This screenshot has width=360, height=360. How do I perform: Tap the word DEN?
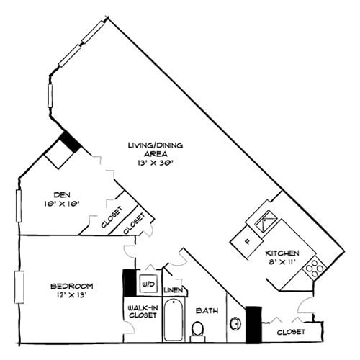(x=60, y=193)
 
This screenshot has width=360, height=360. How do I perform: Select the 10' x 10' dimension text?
(x=60, y=203)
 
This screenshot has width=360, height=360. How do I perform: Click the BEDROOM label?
(x=72, y=286)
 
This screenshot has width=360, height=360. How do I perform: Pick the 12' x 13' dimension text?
(x=71, y=296)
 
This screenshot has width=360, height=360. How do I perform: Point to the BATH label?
(x=207, y=310)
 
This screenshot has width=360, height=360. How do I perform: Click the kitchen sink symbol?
(x=266, y=220)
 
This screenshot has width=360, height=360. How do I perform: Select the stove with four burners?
(x=315, y=269)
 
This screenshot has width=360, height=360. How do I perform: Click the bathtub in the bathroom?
(x=174, y=320)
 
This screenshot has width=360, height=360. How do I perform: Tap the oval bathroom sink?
(x=235, y=323)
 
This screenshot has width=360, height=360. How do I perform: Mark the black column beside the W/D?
(x=130, y=282)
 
